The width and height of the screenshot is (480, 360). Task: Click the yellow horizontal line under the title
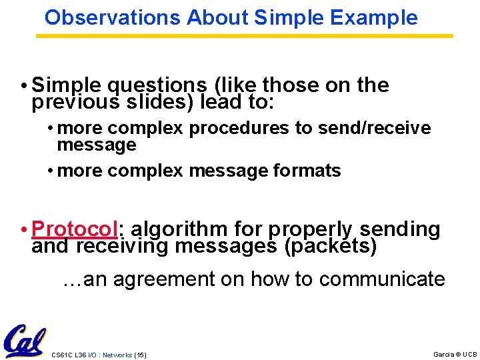pos(244,35)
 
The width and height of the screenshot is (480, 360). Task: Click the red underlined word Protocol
pos(74,229)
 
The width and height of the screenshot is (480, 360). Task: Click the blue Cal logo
pos(25,341)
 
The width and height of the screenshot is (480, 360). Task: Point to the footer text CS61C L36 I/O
pos(73,355)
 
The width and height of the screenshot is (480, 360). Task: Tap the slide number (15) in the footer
pos(140,355)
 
